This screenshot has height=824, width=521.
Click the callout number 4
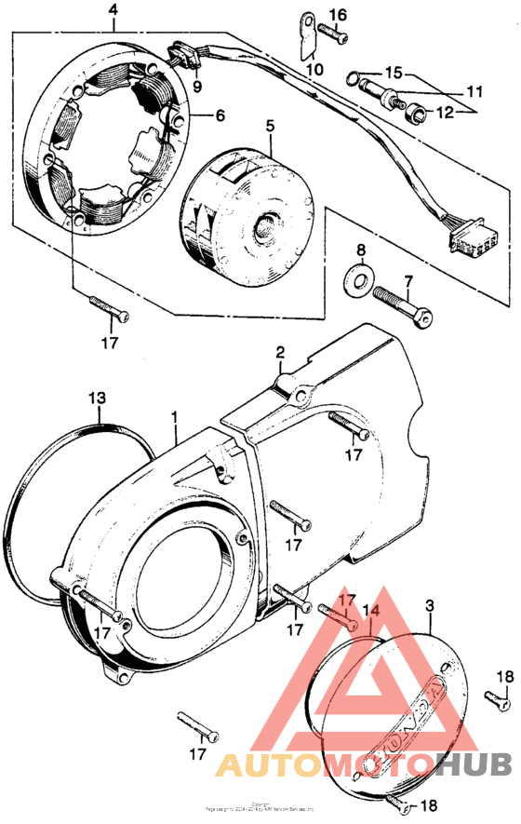[114, 10]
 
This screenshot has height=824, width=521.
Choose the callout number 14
[372, 611]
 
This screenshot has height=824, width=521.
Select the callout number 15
[394, 72]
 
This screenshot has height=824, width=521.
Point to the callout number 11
[475, 92]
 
